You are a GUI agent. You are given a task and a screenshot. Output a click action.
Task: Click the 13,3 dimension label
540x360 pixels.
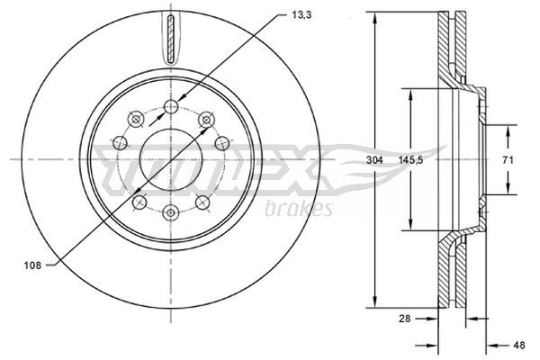click(301, 15)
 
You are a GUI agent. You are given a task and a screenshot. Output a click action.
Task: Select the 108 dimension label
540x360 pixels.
click(32, 265)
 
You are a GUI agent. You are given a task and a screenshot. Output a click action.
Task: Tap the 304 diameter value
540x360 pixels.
click(374, 160)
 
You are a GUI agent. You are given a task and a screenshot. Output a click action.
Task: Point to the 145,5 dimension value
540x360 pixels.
click(410, 160)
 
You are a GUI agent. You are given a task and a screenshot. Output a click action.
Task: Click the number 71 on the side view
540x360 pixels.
click(508, 160)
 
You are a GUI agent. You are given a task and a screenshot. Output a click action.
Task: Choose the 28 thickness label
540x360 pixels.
click(405, 319)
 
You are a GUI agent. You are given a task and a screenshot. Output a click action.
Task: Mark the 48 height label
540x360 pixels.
click(519, 345)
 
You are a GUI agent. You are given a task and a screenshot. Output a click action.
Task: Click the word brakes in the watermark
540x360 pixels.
click(299, 209)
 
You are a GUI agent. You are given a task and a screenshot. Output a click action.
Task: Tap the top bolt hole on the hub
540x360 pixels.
click(171, 106)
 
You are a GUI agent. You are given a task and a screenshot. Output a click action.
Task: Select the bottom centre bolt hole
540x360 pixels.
click(170, 212)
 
